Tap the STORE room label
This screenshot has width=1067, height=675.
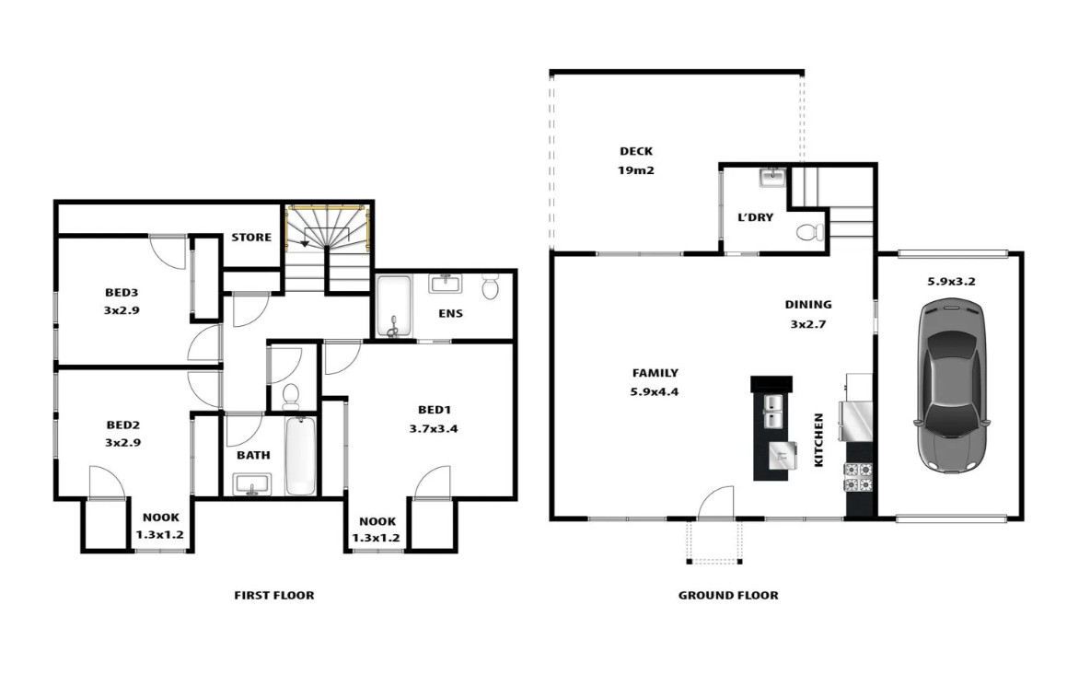coord(251,238)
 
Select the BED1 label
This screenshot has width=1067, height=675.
coord(435,410)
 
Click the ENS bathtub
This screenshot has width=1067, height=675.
coord(394,307)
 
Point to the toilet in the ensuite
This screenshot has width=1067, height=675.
coord(490,286)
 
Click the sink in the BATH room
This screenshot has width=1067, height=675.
coord(251,486)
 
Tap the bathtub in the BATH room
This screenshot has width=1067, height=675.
coord(300,456)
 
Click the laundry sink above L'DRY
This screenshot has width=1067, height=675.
coord(772,179)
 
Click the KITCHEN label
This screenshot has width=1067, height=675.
coord(818,439)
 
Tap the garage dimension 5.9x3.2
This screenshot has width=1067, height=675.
coord(951,281)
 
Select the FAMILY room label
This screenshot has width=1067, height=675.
coord(655,373)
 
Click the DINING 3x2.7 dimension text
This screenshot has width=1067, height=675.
coord(807,324)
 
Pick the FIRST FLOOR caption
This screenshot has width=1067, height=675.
coord(274,596)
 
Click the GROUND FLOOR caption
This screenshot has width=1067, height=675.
coord(728,596)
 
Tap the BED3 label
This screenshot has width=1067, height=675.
coord(122,293)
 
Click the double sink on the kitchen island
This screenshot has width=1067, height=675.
coord(773,412)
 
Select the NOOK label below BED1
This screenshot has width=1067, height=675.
coord(377,521)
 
